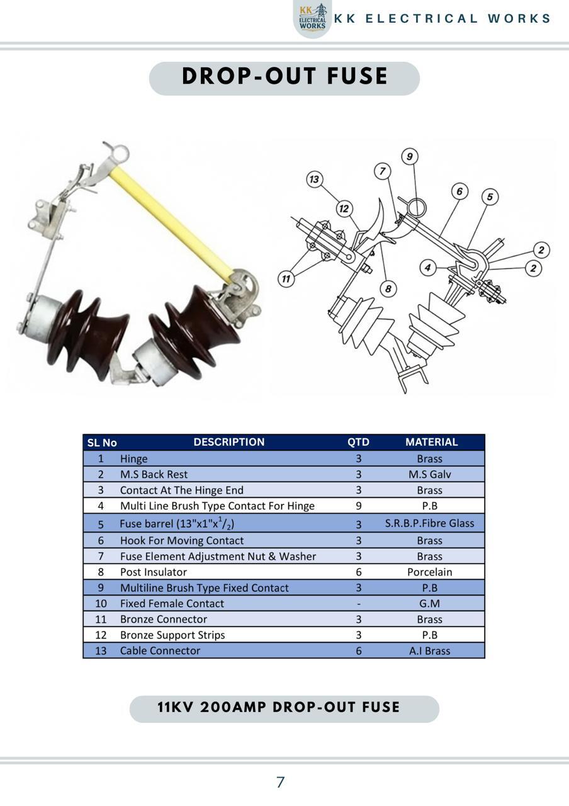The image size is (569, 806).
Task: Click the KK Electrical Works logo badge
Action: (313, 19)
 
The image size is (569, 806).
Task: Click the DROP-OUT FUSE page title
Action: (284, 76)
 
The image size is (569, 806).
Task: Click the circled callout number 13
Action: (314, 179)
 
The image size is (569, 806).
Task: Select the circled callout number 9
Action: (410, 157)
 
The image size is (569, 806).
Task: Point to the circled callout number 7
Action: (382, 171)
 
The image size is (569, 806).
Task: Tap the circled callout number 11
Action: (286, 279)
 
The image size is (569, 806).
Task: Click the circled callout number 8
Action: (388, 288)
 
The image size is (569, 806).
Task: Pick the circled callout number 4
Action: (427, 268)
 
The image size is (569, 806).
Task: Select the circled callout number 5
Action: (490, 197)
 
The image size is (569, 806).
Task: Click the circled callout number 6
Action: (459, 191)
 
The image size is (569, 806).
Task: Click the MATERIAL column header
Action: (431, 442)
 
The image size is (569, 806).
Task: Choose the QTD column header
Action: (358, 442)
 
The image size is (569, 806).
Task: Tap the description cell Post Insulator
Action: (154, 572)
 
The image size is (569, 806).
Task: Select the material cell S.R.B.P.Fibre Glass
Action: (429, 523)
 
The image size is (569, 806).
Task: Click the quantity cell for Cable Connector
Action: (359, 651)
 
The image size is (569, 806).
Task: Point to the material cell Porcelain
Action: (429, 572)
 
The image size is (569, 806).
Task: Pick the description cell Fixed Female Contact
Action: (172, 603)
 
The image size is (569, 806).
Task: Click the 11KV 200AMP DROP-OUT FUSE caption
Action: (279, 707)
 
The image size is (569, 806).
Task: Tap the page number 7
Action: (281, 782)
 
